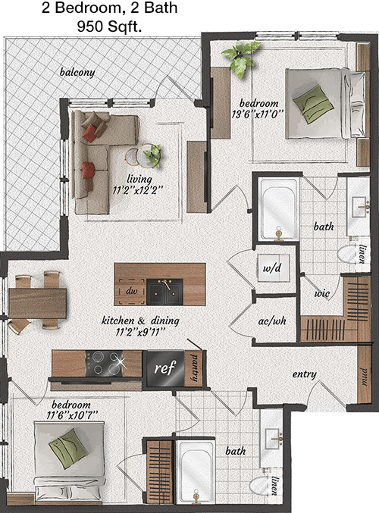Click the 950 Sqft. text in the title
tap(109, 27)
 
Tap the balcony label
tap(77, 72)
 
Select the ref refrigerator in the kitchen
tap(165, 368)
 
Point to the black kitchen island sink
tap(164, 292)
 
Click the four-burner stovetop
tap(104, 363)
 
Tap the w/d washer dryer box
tap(273, 268)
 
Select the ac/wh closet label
tap(272, 321)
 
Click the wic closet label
tap(321, 292)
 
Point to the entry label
tap(305, 374)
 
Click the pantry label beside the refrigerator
tap(194, 368)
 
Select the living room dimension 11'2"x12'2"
tap(137, 190)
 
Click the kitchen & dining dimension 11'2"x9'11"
tap(139, 332)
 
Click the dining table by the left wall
tap(37, 302)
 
